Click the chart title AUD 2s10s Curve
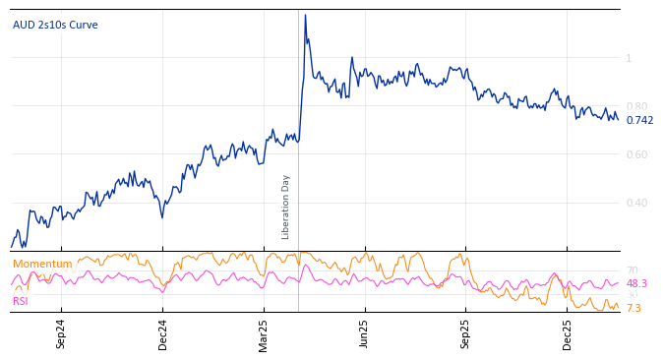[x=55, y=25]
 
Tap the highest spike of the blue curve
[x=305, y=16]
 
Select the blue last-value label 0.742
[x=639, y=120]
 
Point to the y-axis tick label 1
[x=629, y=58]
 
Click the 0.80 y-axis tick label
[x=636, y=106]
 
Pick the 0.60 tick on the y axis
[x=636, y=154]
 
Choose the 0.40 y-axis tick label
[x=636, y=203]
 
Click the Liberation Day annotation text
[x=286, y=207]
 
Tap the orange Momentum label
[x=42, y=264]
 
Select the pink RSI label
[x=20, y=301]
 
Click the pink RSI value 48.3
[x=636, y=283]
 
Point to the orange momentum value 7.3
[x=633, y=308]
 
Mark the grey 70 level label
[x=632, y=270]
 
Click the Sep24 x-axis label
[x=61, y=333]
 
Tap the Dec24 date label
[x=163, y=333]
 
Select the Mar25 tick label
[x=264, y=333]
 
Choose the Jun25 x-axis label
[x=365, y=333]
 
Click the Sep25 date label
[x=466, y=333]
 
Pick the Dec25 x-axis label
[x=568, y=333]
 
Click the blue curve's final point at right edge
[x=618, y=119]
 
